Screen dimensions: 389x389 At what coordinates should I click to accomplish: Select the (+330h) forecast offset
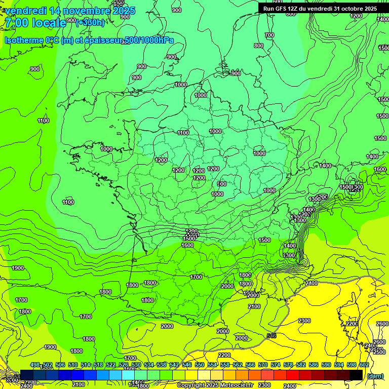(90, 22)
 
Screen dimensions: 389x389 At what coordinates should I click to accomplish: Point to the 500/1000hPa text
(152, 41)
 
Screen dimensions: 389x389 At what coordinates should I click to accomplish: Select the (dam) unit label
(375, 376)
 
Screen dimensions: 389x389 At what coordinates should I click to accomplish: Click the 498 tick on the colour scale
(35, 365)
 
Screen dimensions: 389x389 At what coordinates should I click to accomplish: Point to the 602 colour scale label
(364, 365)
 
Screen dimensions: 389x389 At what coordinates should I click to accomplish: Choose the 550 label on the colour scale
(200, 365)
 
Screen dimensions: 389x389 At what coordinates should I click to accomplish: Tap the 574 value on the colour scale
(276, 365)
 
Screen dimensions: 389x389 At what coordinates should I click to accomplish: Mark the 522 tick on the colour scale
(111, 365)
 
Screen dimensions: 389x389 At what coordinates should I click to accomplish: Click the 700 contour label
(269, 35)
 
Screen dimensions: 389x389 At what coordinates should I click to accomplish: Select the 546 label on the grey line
(271, 335)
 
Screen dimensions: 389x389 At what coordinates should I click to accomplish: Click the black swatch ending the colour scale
(356, 375)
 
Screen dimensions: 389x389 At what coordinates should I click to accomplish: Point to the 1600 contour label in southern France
(187, 245)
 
